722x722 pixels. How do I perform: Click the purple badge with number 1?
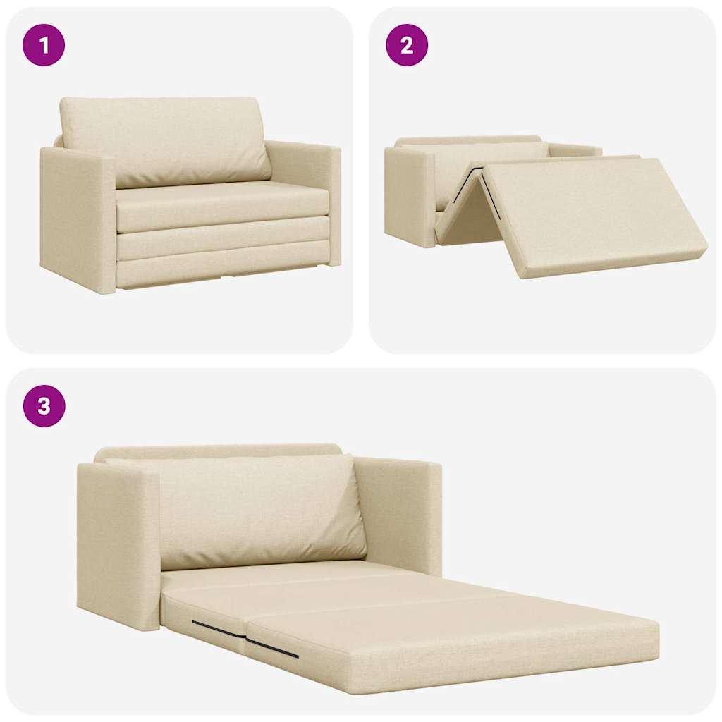44,45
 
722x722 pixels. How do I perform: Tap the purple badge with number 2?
407,45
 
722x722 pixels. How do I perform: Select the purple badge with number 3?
44,406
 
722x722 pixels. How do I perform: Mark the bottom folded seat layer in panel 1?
222,268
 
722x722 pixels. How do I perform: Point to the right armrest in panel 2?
575,150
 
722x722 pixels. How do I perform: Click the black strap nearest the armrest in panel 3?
217,629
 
